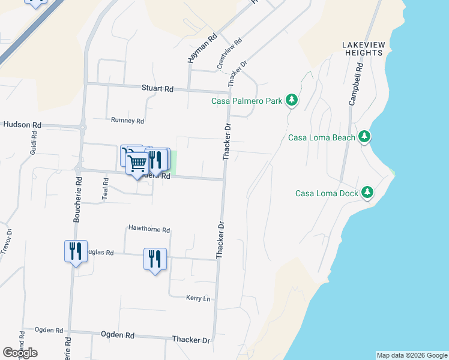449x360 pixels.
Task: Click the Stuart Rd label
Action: click(x=157, y=89)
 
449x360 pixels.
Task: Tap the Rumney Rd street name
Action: click(x=127, y=121)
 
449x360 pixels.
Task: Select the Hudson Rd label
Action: click(x=22, y=125)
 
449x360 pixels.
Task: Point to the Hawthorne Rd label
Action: click(x=149, y=230)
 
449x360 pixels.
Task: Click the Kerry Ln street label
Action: click(x=198, y=298)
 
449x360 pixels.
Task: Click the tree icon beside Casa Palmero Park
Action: click(x=291, y=100)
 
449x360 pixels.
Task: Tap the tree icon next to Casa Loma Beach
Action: click(x=364, y=137)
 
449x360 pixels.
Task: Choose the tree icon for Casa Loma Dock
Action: click(x=367, y=193)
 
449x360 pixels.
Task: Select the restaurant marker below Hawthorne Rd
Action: click(x=155, y=259)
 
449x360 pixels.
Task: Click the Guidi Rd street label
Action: click(x=33, y=145)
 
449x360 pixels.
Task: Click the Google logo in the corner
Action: click(x=20, y=353)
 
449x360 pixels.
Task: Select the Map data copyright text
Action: click(x=412, y=355)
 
